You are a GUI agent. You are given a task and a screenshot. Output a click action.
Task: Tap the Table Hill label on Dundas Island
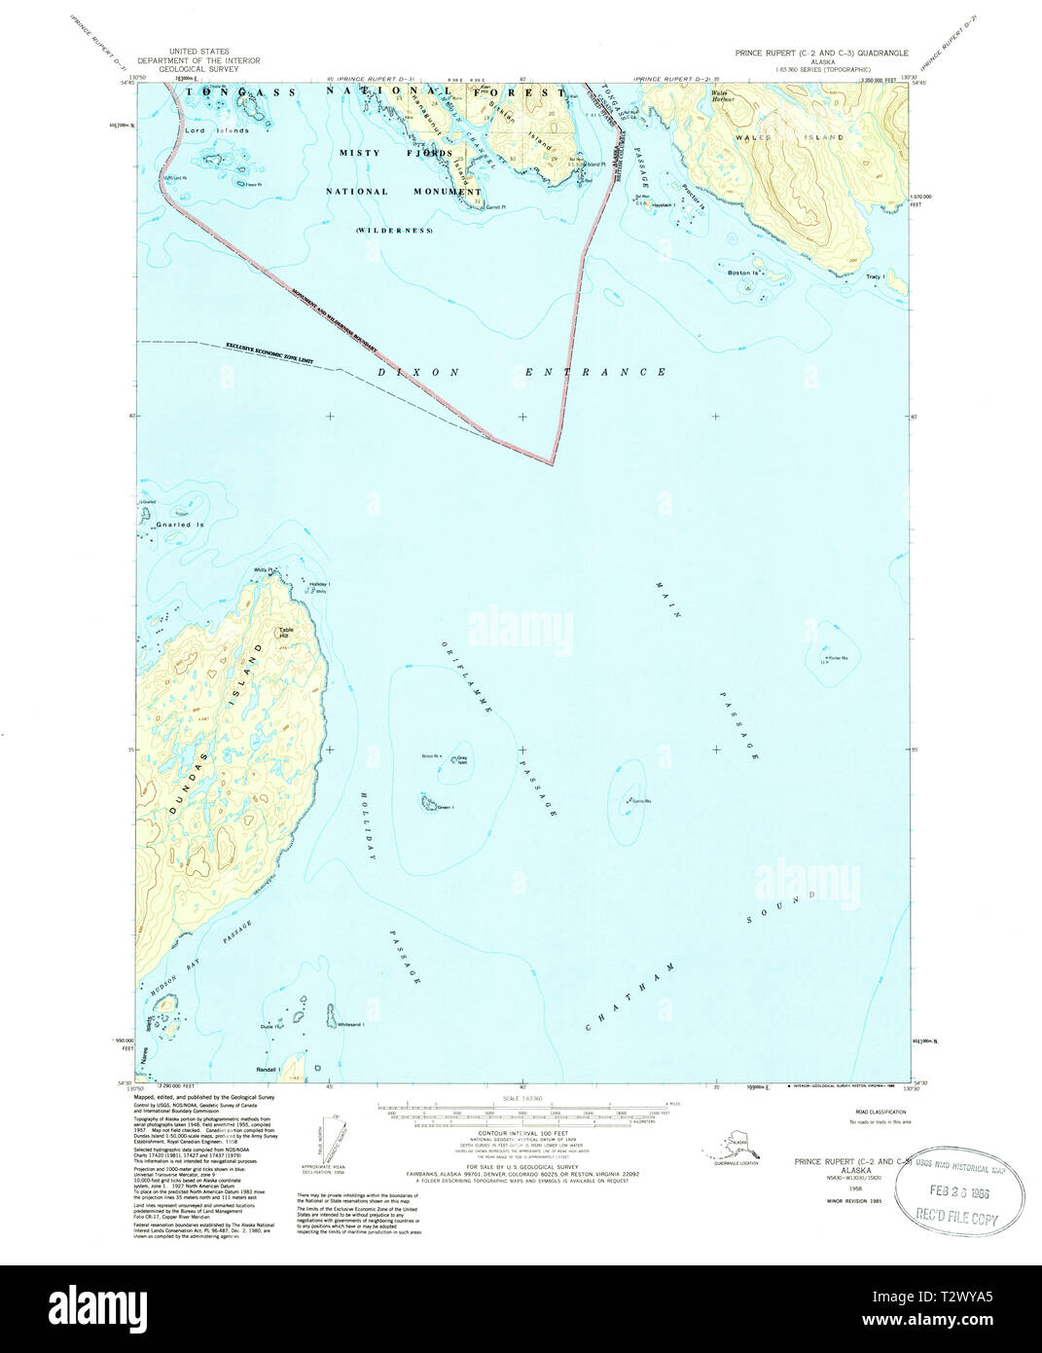click(x=285, y=633)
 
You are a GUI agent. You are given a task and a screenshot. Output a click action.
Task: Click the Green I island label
click(x=446, y=807)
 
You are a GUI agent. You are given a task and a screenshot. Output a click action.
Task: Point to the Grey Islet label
click(x=462, y=757)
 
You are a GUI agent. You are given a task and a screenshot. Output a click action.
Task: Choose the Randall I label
click(x=268, y=1070)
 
